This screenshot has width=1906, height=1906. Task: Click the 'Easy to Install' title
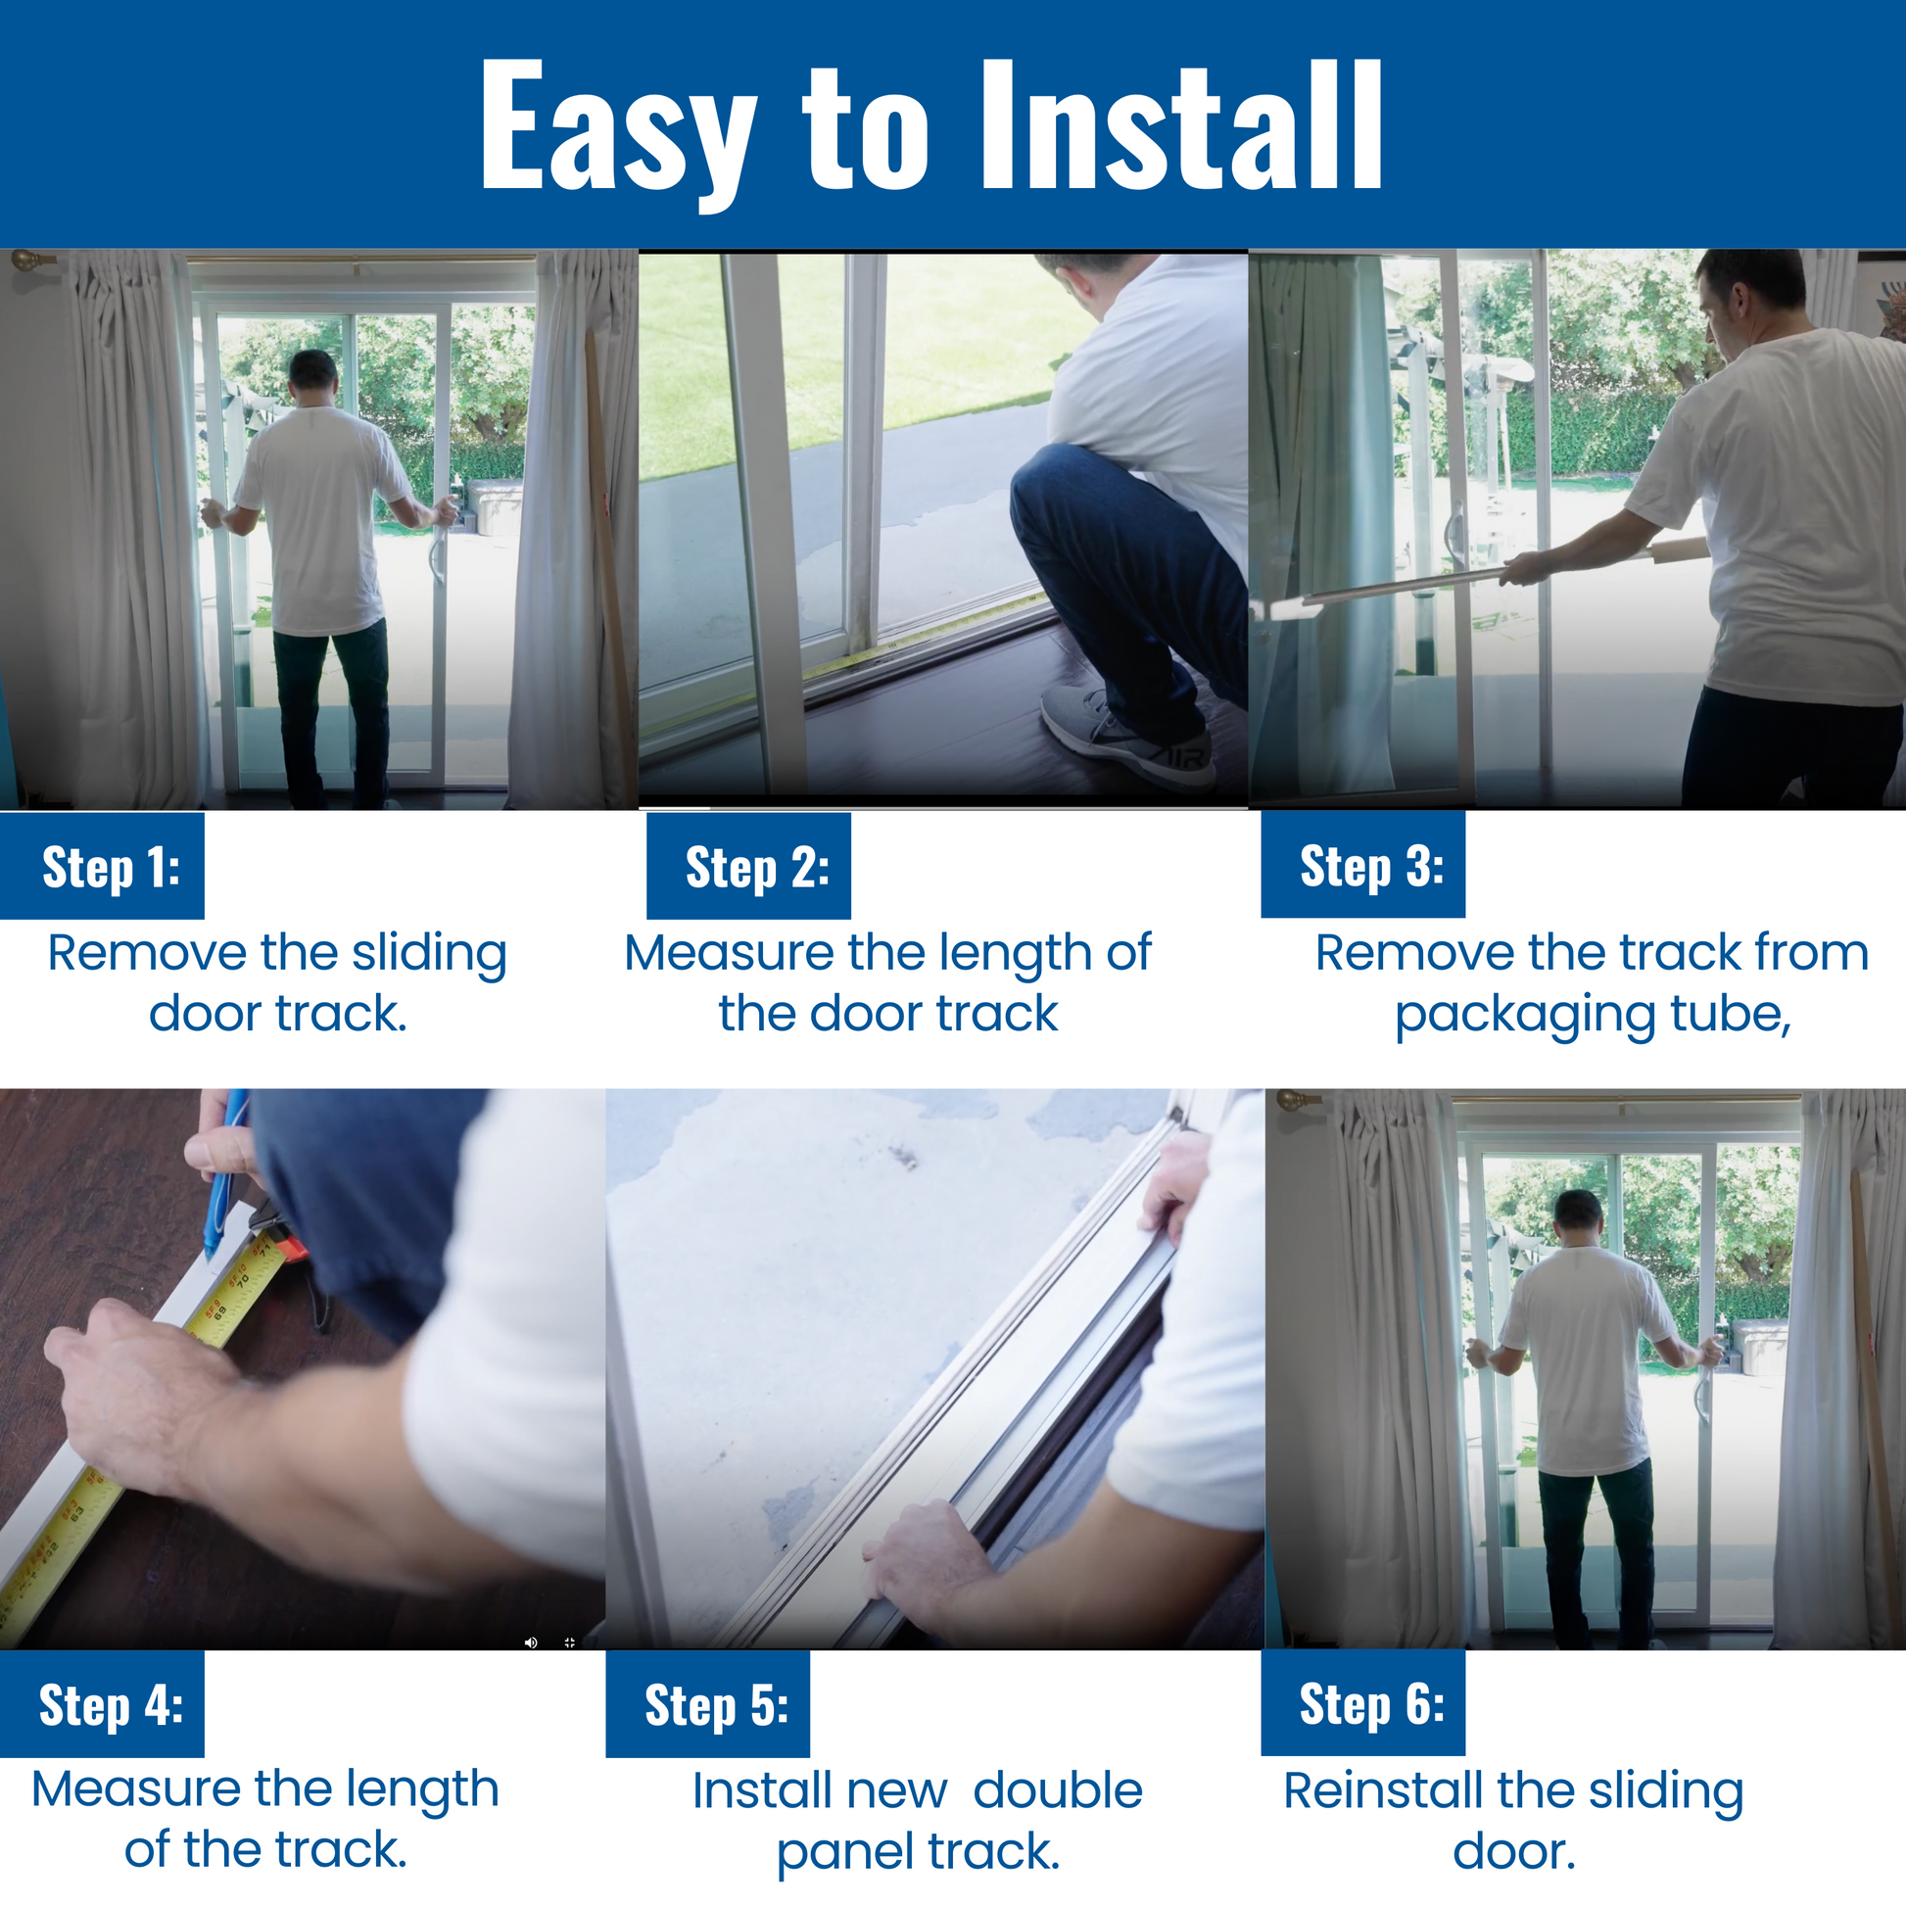click(931, 128)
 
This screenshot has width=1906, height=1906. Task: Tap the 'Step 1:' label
click(112, 868)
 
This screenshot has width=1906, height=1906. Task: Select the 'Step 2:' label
click(757, 868)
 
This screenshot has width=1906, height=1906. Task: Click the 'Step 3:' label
click(1371, 866)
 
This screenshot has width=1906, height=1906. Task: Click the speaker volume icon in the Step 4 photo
click(531, 1643)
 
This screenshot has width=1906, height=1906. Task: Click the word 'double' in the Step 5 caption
click(1058, 1790)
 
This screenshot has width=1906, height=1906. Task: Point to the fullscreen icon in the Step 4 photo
click(569, 1643)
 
